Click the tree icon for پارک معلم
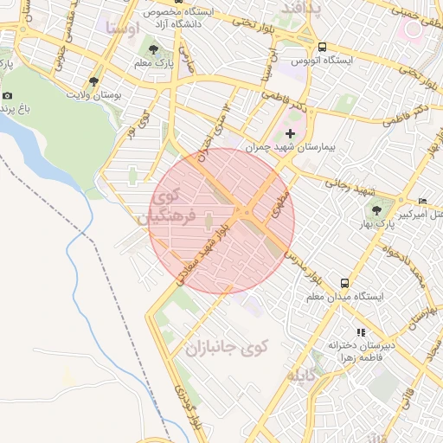click(x=153, y=49)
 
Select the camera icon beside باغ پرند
click(x=8, y=96)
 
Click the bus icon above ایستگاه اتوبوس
click(x=322, y=47)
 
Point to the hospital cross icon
click(x=290, y=133)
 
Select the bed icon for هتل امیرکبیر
click(x=422, y=201)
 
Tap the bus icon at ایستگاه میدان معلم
click(x=345, y=282)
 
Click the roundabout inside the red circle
click(x=247, y=213)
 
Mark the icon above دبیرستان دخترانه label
click(x=361, y=331)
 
